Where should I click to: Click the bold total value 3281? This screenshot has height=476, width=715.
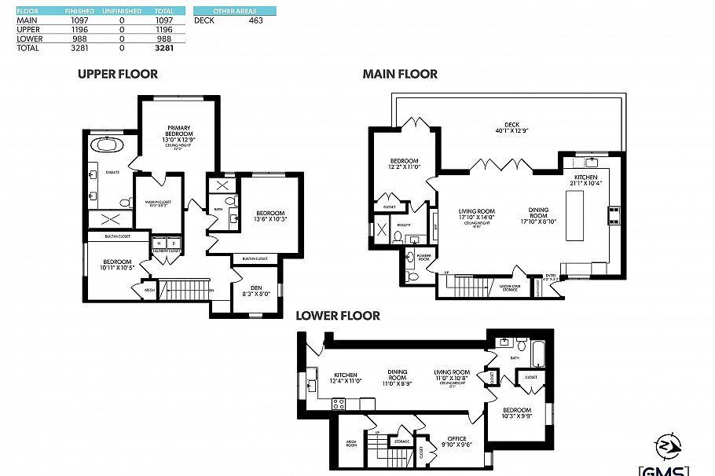[163, 48]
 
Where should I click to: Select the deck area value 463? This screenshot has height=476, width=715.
[255, 20]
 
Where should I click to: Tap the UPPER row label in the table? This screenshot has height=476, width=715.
[30, 29]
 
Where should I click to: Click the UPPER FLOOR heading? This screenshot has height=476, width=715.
[117, 75]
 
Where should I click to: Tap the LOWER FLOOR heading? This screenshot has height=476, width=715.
[337, 316]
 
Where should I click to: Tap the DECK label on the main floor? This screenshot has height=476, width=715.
[512, 124]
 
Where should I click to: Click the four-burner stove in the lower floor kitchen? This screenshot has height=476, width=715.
[339, 404]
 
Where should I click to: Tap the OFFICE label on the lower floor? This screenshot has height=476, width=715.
[456, 438]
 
